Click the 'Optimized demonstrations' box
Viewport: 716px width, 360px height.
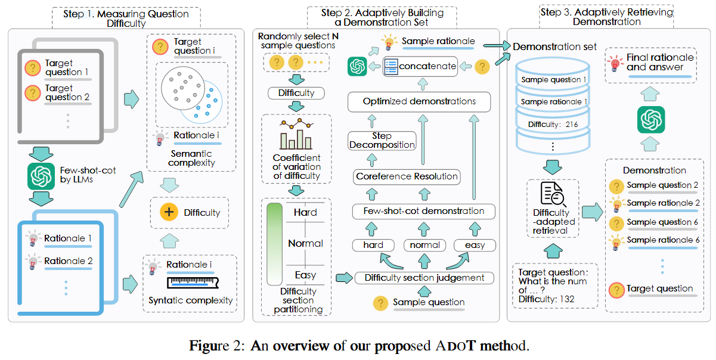coord(419,101)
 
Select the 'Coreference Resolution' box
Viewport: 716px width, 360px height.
coord(407,176)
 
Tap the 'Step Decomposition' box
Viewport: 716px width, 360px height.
coord(382,141)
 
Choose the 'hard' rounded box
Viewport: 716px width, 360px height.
coord(373,245)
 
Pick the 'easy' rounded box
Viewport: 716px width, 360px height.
coord(475,245)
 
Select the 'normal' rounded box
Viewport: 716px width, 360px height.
coord(424,245)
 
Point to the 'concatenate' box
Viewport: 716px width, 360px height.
coord(420,66)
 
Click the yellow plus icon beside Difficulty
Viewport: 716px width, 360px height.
coord(170,212)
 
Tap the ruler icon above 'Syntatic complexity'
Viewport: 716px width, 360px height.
coord(191,282)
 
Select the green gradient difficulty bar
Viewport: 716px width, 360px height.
coord(275,244)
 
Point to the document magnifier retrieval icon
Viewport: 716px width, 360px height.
coord(551,194)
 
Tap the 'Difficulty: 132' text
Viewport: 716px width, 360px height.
coord(547,299)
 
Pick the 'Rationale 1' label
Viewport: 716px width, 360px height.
coord(68,238)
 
